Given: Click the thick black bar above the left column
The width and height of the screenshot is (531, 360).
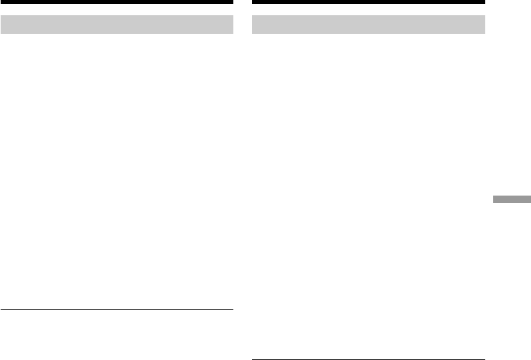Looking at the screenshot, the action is click(117, 3).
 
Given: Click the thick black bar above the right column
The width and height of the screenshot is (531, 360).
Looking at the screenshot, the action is click(369, 3).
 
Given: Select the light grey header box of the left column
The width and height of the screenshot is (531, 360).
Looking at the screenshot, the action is click(117, 25).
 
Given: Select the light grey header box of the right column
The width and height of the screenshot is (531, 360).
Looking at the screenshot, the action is click(369, 25).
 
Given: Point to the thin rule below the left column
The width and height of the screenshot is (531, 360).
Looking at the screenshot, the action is click(117, 309).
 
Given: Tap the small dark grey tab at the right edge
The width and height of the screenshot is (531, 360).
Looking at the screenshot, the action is click(512, 199).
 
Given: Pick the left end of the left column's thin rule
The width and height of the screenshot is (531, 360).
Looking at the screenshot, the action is click(2, 309).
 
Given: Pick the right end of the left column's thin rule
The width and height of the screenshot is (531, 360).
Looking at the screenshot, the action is click(232, 309).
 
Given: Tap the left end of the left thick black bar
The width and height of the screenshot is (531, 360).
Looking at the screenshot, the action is click(2, 3).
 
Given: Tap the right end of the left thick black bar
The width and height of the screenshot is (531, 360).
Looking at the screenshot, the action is click(232, 3).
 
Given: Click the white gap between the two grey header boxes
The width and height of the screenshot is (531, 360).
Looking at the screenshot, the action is click(243, 25).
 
